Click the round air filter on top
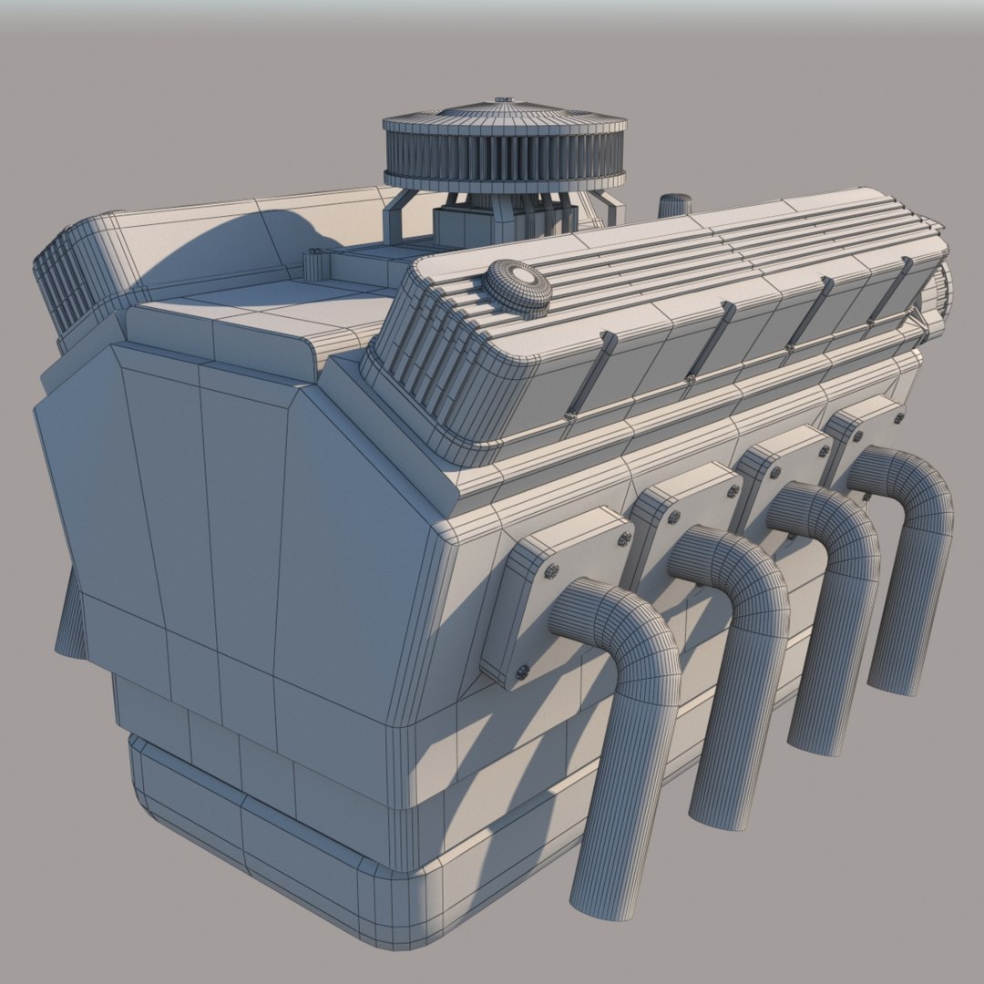(x=504, y=149)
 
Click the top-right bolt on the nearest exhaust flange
(x=624, y=539)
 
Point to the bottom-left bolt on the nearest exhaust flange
(x=522, y=672)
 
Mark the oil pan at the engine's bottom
(x=273, y=838)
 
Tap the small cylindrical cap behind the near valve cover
(x=674, y=205)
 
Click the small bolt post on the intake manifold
(x=314, y=264)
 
